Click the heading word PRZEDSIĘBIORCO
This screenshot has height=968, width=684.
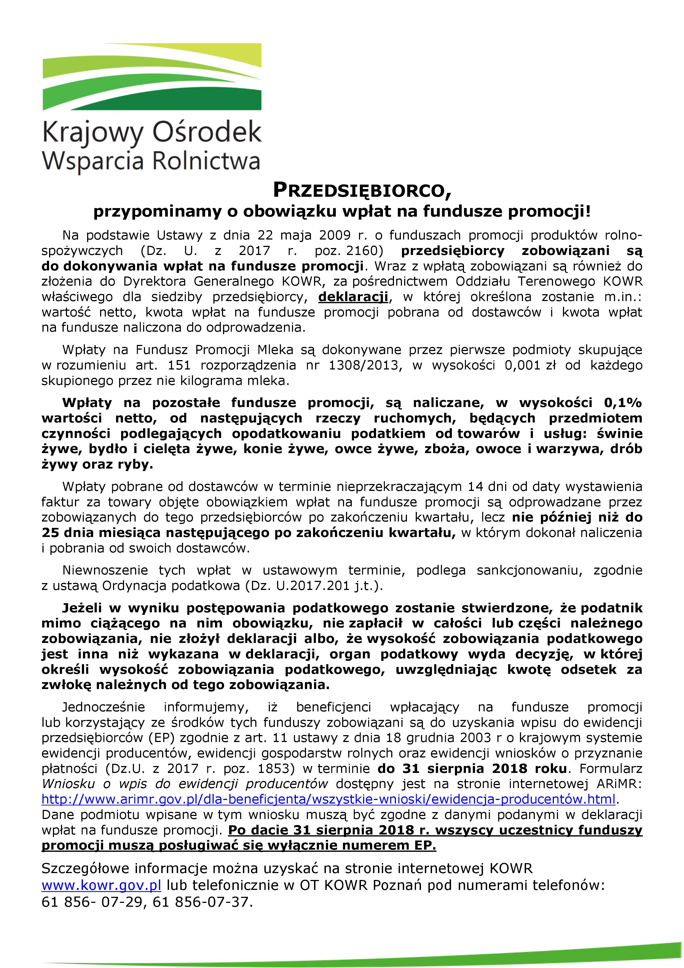362,191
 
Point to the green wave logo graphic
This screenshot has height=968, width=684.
152,80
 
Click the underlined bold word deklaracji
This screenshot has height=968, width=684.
353,297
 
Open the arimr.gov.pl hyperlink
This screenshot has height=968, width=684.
329,799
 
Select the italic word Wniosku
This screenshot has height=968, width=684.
67,784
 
